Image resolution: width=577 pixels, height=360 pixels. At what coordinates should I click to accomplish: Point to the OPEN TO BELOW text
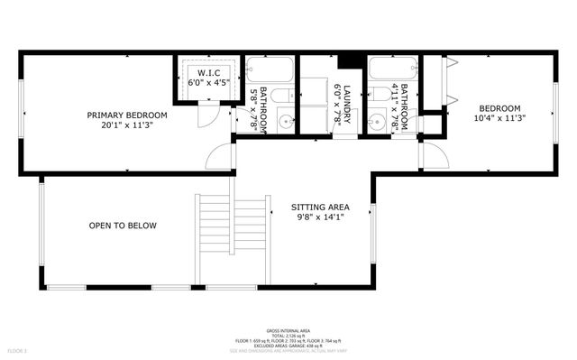tap(123, 226)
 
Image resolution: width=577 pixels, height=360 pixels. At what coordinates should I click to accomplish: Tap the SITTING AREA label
tap(319, 206)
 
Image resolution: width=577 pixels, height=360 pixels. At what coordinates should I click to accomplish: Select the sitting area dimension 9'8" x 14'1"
tap(319, 217)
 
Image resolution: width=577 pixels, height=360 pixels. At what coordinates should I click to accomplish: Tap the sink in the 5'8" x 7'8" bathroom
tap(285, 121)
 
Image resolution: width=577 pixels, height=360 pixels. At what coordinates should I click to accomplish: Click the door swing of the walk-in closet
tap(206, 115)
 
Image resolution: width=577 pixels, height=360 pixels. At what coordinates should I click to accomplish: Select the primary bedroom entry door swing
tap(220, 157)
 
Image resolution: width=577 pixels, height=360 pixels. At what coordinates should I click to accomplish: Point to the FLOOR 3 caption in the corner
tap(18, 350)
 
